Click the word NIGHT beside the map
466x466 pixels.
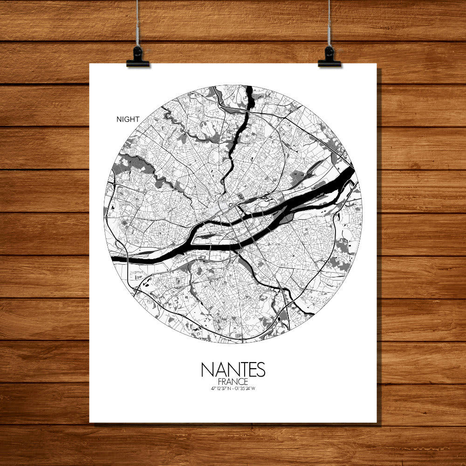click(128, 119)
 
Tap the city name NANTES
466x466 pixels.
click(233, 370)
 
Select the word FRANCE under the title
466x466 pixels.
click(233, 382)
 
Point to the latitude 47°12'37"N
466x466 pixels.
click(220, 388)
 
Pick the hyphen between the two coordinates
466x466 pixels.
click(233, 388)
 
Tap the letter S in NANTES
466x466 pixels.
click(260, 370)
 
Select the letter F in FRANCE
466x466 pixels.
click(219, 382)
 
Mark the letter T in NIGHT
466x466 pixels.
click(137, 119)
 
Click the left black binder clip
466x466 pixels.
click(137, 58)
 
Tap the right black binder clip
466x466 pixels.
click(329, 58)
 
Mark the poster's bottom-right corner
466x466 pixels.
click(376, 422)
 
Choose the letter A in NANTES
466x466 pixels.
click(219, 370)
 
